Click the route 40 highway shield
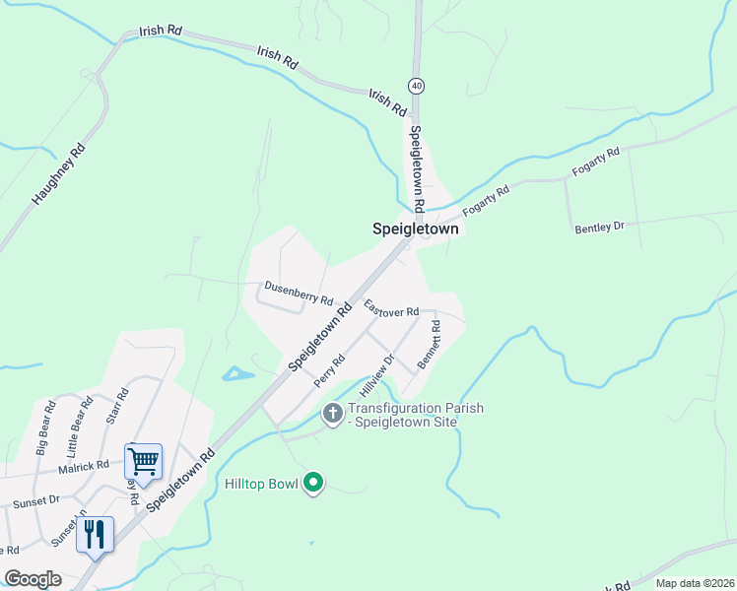click(x=418, y=86)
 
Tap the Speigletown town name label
click(x=416, y=228)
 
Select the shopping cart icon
click(x=143, y=460)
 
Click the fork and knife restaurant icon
click(x=95, y=534)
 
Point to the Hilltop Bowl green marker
click(x=314, y=483)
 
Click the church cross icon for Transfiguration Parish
click(x=333, y=414)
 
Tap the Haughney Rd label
click(x=59, y=174)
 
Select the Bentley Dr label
click(x=600, y=228)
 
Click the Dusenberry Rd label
click(x=299, y=294)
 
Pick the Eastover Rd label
click(x=391, y=308)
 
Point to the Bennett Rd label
click(x=429, y=344)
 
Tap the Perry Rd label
click(x=327, y=370)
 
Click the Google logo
click(x=33, y=579)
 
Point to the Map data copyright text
click(x=695, y=583)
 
